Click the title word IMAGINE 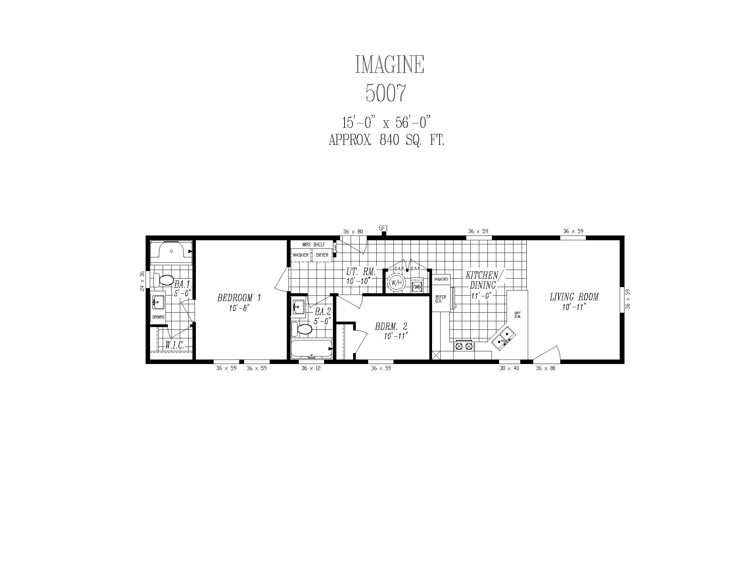(389, 64)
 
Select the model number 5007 (386, 93)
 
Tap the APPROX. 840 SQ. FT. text (387, 140)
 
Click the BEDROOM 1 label (239, 298)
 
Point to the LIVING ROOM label (574, 297)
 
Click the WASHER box (301, 255)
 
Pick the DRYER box (322, 255)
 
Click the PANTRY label (441, 280)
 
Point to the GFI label (383, 228)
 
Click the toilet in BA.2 (301, 329)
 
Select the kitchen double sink (503, 338)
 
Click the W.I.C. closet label (175, 345)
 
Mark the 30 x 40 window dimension (509, 368)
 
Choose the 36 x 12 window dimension (311, 368)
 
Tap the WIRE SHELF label (313, 245)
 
